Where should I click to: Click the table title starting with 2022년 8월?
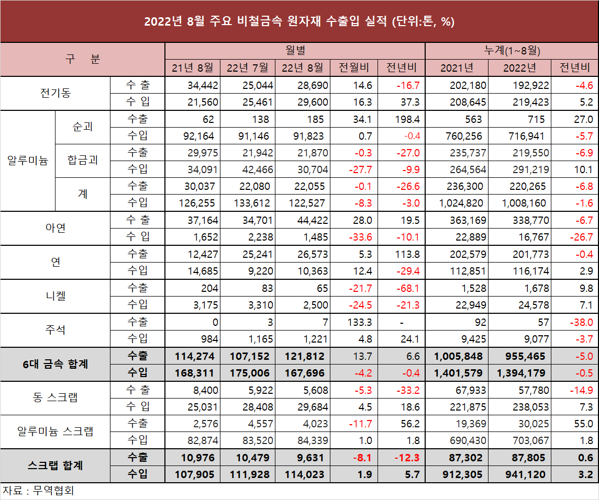(299, 22)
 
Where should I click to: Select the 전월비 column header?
(354, 67)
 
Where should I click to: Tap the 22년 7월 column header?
(247, 67)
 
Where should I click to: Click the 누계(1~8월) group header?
(511, 51)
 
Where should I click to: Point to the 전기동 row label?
(56, 93)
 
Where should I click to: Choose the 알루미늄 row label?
(27, 160)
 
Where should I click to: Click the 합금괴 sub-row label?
(83, 160)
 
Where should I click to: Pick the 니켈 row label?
(56, 296)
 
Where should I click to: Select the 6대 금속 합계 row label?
(56, 364)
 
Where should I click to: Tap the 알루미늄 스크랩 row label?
(56, 431)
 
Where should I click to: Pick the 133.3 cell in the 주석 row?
(359, 322)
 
